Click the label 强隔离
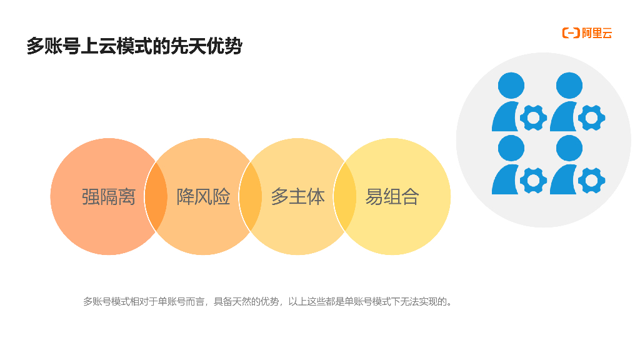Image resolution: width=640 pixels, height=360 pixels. point(109,197)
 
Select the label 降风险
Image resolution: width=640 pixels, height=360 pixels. point(203,197)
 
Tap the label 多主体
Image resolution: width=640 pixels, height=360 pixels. point(297,197)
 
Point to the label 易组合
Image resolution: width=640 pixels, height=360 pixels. point(392,197)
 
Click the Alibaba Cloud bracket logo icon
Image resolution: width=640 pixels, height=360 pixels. point(571,33)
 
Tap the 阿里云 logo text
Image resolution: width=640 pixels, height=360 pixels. point(597,33)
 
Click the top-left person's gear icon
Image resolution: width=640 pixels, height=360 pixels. point(533,117)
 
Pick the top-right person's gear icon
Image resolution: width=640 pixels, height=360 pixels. point(591,117)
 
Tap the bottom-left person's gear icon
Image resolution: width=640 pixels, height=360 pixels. point(533,181)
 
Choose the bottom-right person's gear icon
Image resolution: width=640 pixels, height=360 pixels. point(591,181)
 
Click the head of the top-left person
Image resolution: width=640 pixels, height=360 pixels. point(511,86)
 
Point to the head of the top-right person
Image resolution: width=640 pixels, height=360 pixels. point(569,86)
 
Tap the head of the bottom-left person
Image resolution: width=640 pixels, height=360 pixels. point(511,148)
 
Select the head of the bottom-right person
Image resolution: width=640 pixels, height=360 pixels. point(569,148)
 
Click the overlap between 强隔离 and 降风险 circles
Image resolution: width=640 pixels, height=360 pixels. point(156,196)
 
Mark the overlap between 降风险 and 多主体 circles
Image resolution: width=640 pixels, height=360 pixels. point(250,196)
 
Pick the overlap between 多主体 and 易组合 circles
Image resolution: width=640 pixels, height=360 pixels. point(344,196)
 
